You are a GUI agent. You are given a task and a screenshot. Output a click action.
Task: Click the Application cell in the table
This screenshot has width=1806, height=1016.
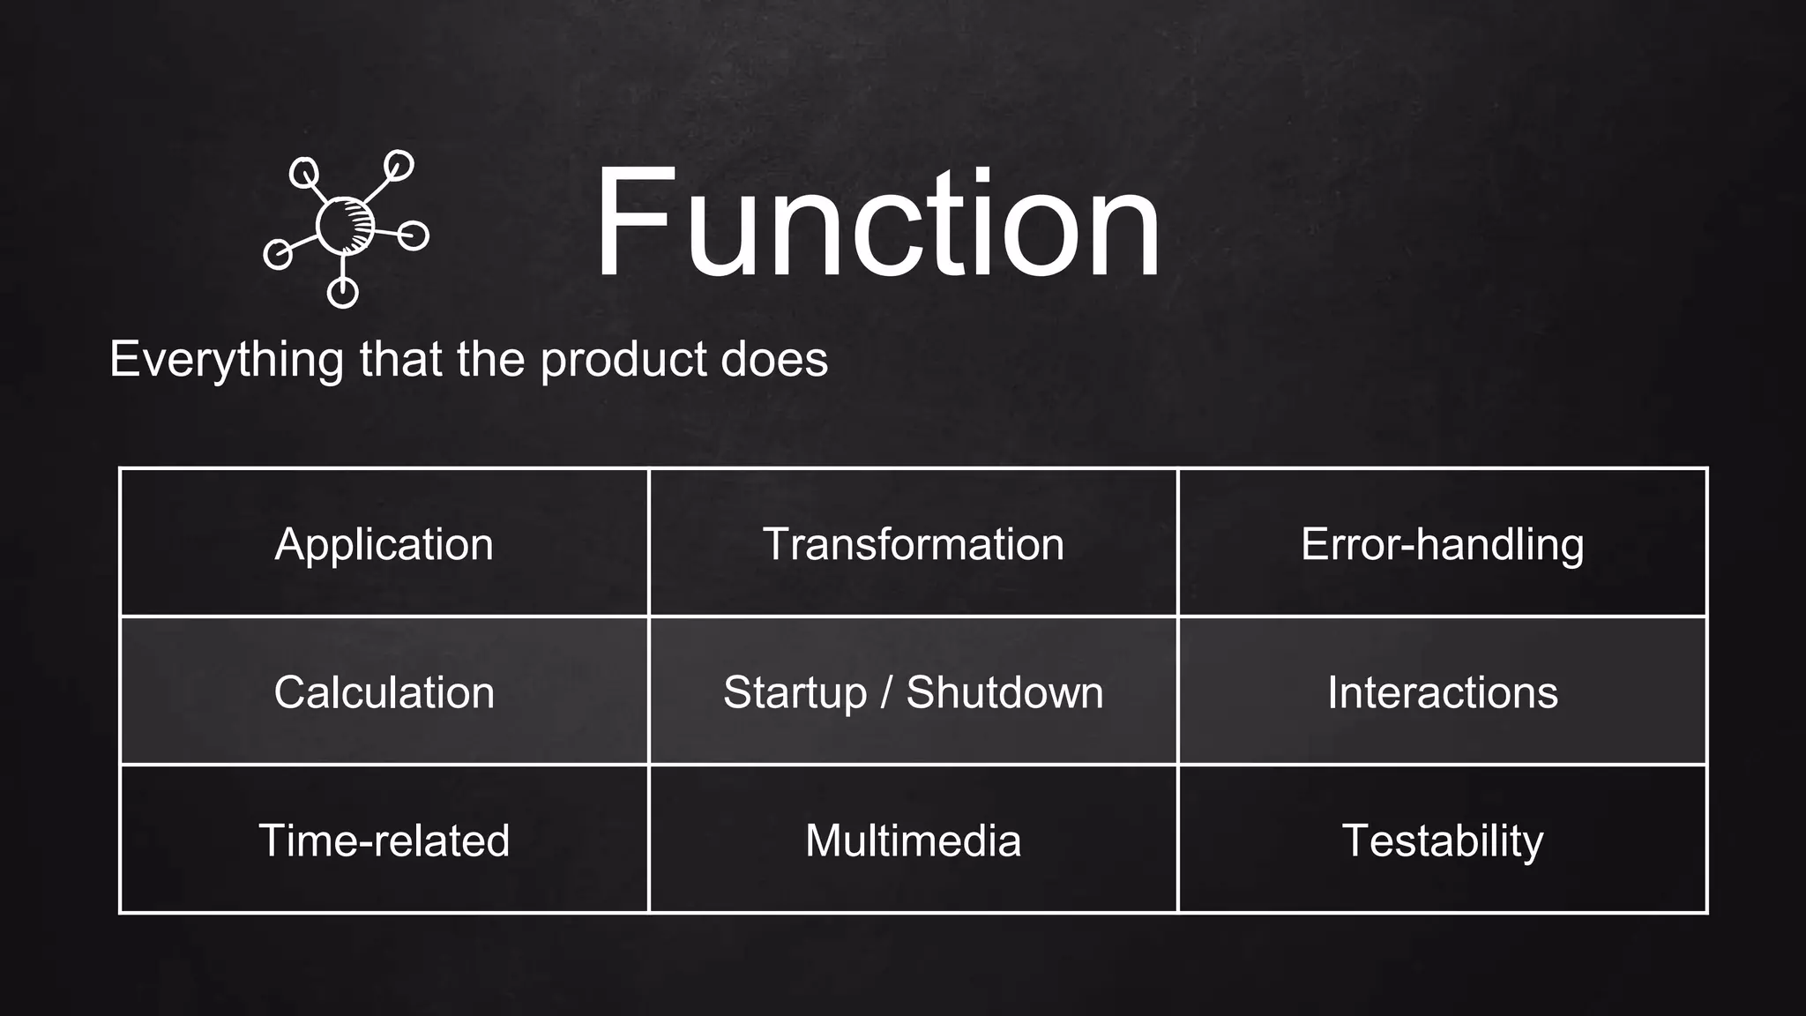(384, 544)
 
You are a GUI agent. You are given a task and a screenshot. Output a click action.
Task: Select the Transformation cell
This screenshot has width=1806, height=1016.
(913, 544)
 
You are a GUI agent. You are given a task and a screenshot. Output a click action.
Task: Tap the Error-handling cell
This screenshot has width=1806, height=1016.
(1442, 544)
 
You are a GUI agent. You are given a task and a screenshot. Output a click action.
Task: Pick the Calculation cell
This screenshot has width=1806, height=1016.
(384, 692)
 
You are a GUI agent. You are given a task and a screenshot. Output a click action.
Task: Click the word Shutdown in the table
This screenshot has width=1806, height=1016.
(1004, 692)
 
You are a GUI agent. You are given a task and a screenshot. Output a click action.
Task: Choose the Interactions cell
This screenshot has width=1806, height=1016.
(1442, 692)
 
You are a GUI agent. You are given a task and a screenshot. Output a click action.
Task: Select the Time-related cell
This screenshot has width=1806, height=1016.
(384, 840)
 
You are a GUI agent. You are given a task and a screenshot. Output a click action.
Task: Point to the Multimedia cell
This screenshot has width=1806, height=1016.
(913, 840)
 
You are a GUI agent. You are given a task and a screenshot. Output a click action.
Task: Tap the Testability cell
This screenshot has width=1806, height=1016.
(1442, 840)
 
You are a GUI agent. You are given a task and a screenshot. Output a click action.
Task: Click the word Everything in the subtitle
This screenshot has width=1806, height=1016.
(227, 360)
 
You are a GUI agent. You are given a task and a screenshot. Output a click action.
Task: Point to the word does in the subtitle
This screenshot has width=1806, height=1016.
(774, 360)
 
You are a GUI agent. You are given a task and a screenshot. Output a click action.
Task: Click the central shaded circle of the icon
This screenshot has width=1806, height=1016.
(345, 226)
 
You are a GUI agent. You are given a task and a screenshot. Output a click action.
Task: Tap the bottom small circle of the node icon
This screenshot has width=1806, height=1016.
(342, 292)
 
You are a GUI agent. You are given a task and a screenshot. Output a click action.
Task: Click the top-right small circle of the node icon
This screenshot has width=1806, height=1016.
(399, 165)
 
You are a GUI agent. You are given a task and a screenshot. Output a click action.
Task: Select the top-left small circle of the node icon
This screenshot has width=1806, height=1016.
(304, 172)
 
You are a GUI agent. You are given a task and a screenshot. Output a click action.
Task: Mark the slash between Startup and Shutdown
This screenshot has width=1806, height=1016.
(886, 692)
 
